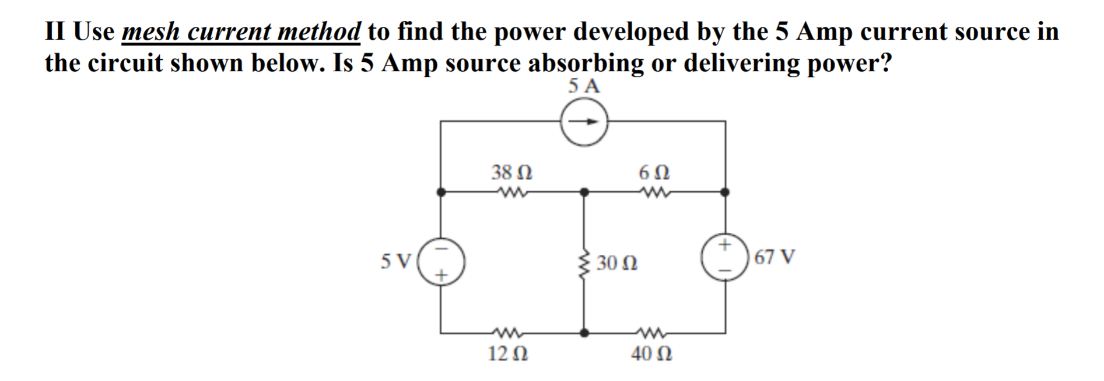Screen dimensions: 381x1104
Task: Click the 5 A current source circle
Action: click(x=584, y=122)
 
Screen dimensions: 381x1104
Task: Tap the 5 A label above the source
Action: click(x=583, y=86)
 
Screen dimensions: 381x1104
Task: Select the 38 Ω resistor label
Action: click(x=511, y=172)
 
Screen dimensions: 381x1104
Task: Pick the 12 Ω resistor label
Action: click(x=508, y=354)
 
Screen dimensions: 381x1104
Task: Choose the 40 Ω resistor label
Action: click(x=651, y=354)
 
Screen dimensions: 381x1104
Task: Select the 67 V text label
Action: click(x=774, y=257)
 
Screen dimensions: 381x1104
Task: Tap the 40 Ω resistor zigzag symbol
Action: click(x=651, y=333)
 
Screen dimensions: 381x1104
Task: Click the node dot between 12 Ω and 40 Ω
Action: click(x=584, y=333)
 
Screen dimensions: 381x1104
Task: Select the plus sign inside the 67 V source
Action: click(x=725, y=244)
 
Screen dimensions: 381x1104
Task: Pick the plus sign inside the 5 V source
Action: click(x=442, y=274)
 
